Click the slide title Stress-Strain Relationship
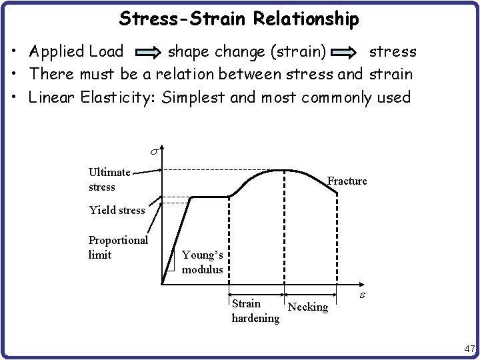tap(239, 19)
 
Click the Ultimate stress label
tap(109, 179)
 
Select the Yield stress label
tap(117, 210)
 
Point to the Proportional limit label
tap(118, 247)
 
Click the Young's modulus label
tap(203, 262)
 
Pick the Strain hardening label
tap(255, 311)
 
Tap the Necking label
tap(308, 307)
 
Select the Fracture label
tap(347, 181)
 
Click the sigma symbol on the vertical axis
tap(152, 154)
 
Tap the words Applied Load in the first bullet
tap(76, 51)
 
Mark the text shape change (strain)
tap(246, 51)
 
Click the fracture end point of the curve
tap(337, 194)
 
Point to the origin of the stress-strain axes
tap(162, 285)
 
